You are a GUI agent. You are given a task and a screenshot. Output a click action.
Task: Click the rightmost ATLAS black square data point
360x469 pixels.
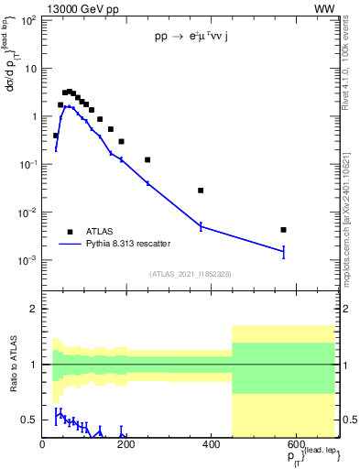[284, 230]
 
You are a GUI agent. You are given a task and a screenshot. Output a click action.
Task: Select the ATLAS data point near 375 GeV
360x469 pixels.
[201, 191]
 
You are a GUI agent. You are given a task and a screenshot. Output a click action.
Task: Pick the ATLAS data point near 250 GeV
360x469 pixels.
[147, 159]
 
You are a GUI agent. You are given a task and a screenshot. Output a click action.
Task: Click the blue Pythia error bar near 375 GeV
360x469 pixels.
[201, 225]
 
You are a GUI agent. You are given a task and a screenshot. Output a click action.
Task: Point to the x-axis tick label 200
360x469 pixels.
[126, 444]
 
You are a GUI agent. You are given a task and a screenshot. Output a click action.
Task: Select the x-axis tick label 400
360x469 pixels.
[211, 444]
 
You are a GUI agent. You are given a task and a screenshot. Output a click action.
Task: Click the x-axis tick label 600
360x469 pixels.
[295, 444]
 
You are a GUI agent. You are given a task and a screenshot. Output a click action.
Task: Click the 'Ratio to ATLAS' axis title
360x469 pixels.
[12, 364]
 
